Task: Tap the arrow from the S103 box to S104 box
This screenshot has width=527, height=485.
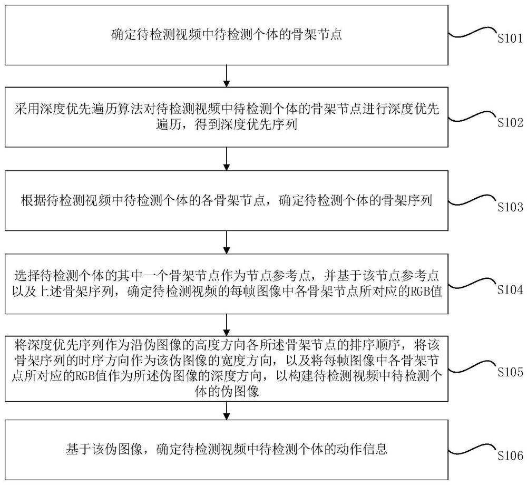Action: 226,241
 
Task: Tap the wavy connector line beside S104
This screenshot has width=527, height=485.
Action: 472,286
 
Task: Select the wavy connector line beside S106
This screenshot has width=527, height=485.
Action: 472,451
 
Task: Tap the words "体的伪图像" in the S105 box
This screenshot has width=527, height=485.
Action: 227,392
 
